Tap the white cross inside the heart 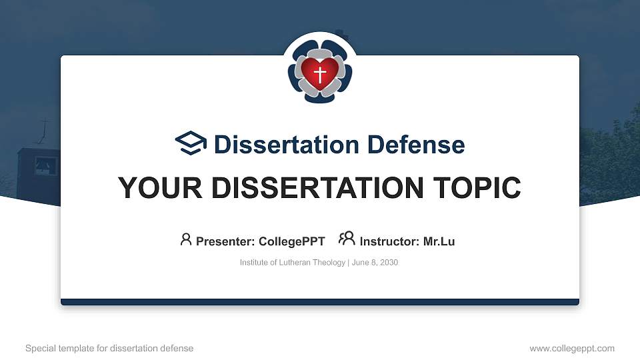click(x=320, y=73)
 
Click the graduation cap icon click(x=191, y=143)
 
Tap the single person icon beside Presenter click(x=186, y=239)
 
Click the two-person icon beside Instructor click(x=347, y=239)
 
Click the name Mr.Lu click(x=439, y=241)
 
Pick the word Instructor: click(x=389, y=241)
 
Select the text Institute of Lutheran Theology click(x=292, y=263)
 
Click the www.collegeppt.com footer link click(x=571, y=348)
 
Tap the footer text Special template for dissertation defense click(x=109, y=348)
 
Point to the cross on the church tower click(x=45, y=127)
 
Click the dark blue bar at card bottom click(x=320, y=302)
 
